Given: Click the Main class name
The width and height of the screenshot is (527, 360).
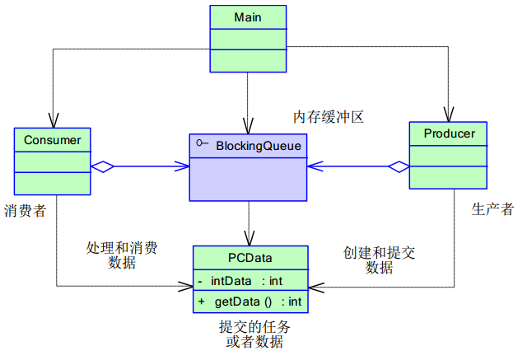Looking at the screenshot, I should [249, 16].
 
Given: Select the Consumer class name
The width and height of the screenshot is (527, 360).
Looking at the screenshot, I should [53, 139].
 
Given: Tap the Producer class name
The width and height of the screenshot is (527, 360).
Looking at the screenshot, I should [449, 133].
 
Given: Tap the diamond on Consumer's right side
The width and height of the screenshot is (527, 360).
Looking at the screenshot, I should [101, 166].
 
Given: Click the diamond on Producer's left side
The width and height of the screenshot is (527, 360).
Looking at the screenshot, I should [399, 166].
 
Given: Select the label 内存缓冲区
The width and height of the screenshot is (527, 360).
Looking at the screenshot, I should [329, 117].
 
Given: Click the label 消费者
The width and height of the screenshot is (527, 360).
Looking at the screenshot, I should [25, 212].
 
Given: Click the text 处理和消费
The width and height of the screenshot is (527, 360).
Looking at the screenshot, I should [122, 247].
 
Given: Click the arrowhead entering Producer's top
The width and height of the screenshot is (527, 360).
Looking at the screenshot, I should [449, 115].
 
